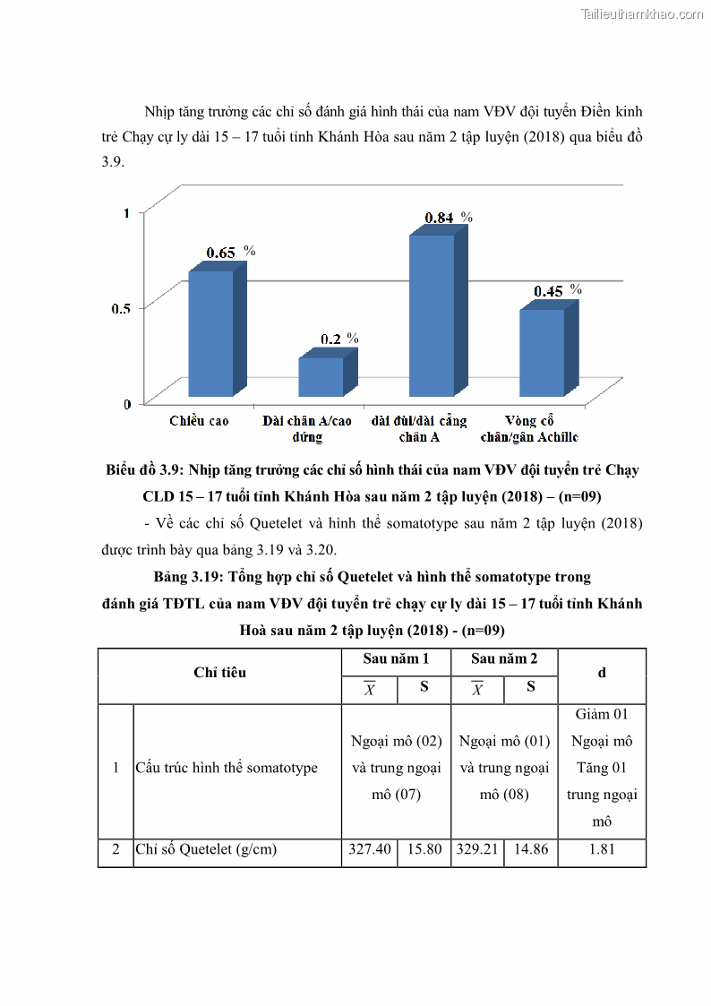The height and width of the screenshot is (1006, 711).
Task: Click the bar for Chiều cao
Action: point(210,333)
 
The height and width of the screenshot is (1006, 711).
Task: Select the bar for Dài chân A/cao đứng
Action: point(321,377)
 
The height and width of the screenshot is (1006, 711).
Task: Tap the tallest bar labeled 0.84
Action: point(432,315)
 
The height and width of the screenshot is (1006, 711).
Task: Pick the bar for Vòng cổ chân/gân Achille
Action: point(542,352)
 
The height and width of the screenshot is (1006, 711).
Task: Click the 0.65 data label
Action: point(221,253)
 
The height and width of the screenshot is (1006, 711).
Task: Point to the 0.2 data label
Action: point(331,339)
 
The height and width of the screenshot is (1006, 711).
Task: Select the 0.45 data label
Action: point(549,291)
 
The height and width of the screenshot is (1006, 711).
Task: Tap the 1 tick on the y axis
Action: point(127,212)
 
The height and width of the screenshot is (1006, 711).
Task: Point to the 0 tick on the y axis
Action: point(127,403)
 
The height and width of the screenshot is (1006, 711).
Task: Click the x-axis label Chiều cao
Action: point(199,421)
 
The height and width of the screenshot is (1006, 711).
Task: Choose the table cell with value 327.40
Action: point(369,849)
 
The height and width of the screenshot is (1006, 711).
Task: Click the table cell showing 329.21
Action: point(477,849)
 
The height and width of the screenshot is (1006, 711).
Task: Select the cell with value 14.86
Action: point(530,849)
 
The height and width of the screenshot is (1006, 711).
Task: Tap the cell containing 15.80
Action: point(423,849)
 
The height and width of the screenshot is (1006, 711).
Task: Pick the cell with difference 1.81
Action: point(602,849)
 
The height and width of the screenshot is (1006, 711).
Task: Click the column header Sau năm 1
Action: point(396,658)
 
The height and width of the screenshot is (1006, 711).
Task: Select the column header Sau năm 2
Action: point(504,658)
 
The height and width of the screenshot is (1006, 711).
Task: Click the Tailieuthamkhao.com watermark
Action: point(642,13)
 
